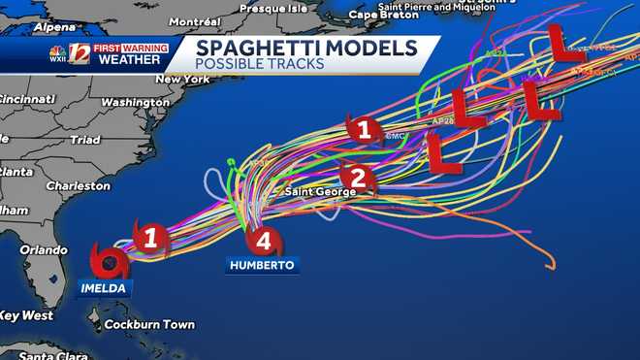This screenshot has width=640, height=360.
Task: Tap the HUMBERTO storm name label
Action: pyautogui.click(x=261, y=265)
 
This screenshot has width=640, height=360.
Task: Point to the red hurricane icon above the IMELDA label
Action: pyautogui.click(x=108, y=260)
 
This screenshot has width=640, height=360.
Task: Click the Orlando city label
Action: pyautogui.click(x=44, y=249)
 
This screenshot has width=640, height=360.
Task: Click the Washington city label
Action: pyautogui.click(x=136, y=102)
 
